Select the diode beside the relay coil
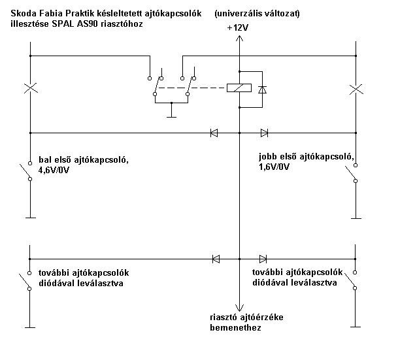[x=262, y=88]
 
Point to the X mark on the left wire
[x=29, y=88]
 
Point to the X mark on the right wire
[x=356, y=88]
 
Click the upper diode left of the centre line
[x=214, y=133]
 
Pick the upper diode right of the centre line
[x=264, y=133]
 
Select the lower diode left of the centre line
[x=216, y=259]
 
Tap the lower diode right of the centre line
[x=263, y=259]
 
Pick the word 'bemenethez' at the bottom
[x=235, y=328]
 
